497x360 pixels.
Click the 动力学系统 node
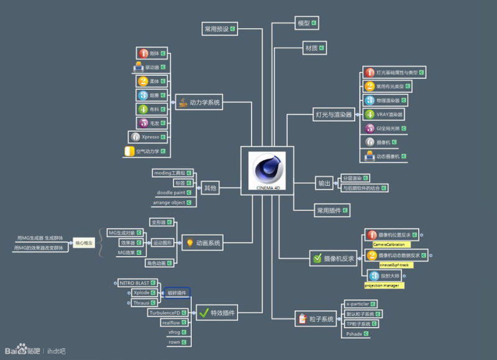coord(199,102)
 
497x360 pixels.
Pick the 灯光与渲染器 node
coord(334,114)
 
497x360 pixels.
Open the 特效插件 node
coord(219,313)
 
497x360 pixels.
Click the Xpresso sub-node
coord(149,137)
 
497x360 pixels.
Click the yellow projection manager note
coord(383,285)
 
